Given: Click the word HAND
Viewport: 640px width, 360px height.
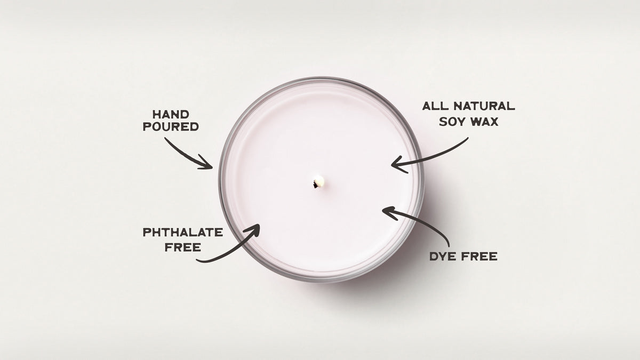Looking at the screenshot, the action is click(171, 115).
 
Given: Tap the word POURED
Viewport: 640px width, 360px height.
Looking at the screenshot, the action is click(171, 126).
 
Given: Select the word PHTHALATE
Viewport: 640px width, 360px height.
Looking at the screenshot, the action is click(183, 233).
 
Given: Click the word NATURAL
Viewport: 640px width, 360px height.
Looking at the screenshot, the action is click(484, 106).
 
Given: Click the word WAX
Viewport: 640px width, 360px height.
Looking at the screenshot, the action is click(484, 122).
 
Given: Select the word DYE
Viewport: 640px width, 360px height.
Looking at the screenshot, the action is click(443, 257).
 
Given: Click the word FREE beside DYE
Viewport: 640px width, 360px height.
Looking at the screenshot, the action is click(479, 257).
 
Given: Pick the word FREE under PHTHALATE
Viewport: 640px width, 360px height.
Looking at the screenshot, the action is click(183, 247).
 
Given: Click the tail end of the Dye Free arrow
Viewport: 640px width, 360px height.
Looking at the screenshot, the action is click(449, 246).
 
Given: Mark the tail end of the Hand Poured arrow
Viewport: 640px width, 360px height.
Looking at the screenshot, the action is click(165, 139).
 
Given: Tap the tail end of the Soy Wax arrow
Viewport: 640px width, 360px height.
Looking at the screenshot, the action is click(467, 138).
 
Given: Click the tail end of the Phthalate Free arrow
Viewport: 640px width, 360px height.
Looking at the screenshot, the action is click(197, 260).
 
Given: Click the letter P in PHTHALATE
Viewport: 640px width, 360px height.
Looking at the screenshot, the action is click(147, 233).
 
